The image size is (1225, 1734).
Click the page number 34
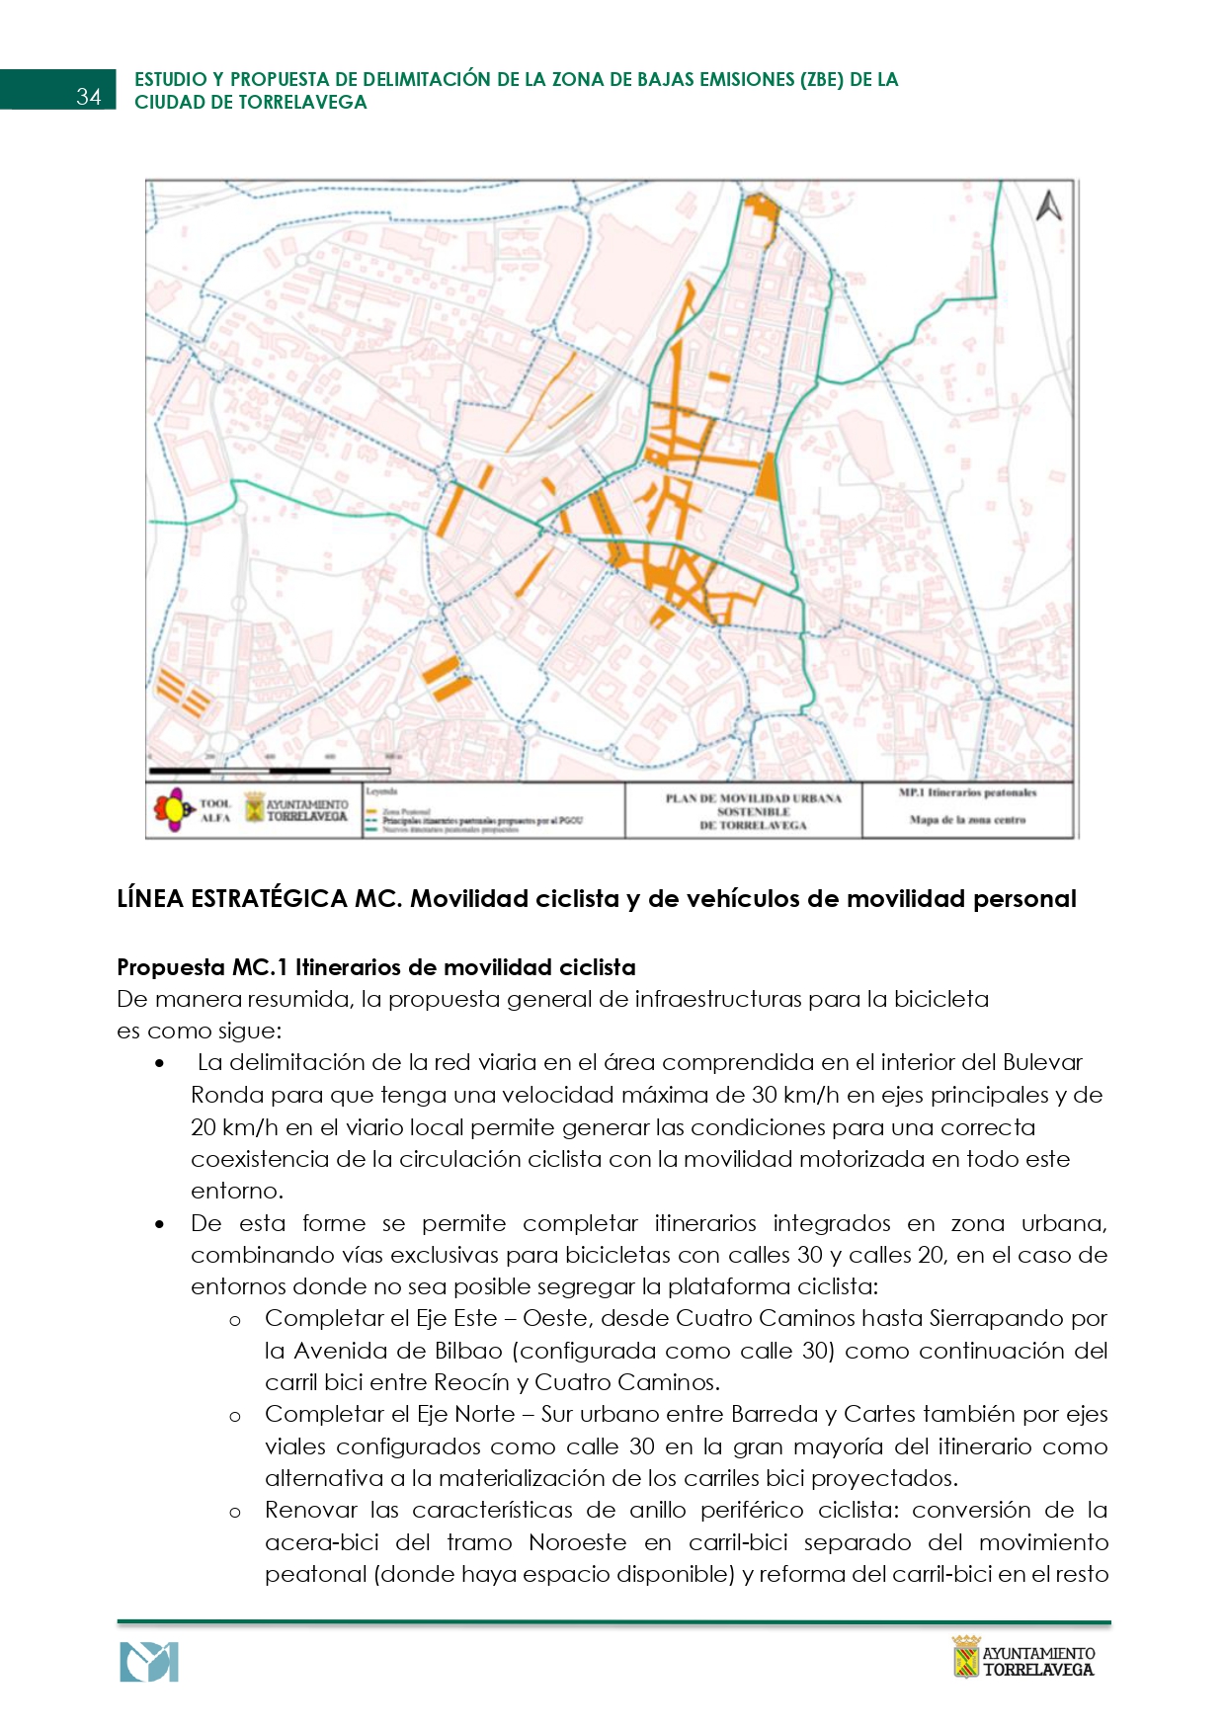[88, 96]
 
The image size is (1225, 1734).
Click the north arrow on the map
[1049, 206]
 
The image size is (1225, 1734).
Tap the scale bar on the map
[269, 770]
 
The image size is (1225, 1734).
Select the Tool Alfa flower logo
[172, 810]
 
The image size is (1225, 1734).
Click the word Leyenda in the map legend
[380, 791]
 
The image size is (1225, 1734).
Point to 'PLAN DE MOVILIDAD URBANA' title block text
[753, 798]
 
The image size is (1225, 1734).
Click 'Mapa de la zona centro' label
[967, 820]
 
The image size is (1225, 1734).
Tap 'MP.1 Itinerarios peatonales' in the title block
[967, 792]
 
